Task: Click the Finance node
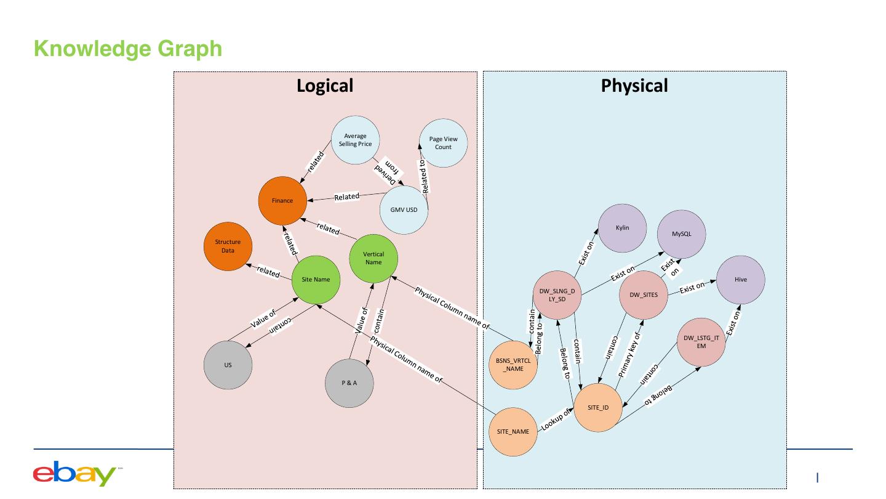[x=282, y=201]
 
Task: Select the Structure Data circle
[x=228, y=246]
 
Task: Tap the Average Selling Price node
[x=355, y=140]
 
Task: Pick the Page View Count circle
[x=443, y=143]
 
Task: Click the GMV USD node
[x=404, y=210]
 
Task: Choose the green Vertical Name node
[x=373, y=258]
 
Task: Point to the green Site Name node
[x=316, y=280]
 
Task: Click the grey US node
[x=228, y=365]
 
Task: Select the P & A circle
[x=349, y=383]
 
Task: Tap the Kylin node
[x=622, y=228]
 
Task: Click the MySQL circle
[x=681, y=234]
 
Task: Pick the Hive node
[x=740, y=280]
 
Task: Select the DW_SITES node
[x=643, y=294]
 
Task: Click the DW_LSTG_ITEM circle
[x=701, y=342]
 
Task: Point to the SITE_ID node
[x=597, y=408]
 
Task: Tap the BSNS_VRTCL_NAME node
[x=513, y=365]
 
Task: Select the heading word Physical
[x=634, y=86]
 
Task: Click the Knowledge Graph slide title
[x=128, y=48]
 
